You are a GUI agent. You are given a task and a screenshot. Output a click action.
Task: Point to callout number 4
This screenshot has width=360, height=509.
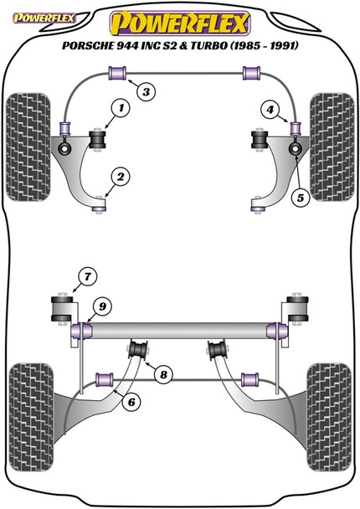click(x=270, y=108)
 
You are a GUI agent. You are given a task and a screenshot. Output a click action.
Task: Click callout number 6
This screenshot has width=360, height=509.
click(x=130, y=401)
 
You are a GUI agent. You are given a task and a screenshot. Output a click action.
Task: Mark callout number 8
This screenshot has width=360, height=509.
click(x=163, y=374)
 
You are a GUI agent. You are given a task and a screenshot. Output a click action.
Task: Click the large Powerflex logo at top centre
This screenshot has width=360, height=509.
click(x=180, y=18)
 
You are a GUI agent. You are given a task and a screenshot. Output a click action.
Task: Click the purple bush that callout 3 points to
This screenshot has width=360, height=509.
click(x=117, y=74)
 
